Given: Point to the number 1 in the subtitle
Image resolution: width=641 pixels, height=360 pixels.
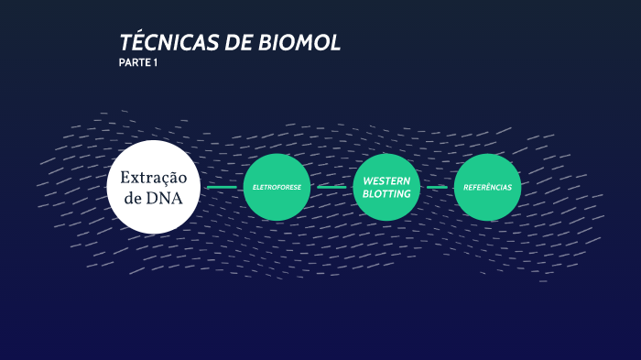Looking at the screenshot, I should [156, 63].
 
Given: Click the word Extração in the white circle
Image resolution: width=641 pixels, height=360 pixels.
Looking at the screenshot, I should [153, 177].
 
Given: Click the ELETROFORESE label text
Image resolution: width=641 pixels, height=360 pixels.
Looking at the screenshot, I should [277, 188].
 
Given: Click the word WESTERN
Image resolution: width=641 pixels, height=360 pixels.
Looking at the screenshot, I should [386, 181].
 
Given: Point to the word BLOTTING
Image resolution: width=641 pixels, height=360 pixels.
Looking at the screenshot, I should [386, 194].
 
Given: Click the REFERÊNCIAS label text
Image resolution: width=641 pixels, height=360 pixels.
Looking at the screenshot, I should [487, 188].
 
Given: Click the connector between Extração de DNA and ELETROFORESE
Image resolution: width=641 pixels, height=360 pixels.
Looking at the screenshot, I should [222, 187].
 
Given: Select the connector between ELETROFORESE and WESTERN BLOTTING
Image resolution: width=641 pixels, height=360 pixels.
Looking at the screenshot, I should [331, 187].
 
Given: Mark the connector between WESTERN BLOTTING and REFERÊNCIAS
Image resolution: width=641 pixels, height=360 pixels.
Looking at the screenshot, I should [437, 187].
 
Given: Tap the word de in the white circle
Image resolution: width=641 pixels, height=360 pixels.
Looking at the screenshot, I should [133, 197].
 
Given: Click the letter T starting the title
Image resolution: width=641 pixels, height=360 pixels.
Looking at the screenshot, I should [125, 43].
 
